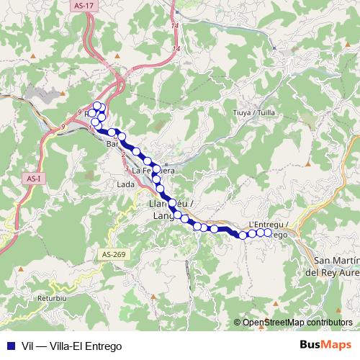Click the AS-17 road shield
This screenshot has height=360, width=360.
[84, 6]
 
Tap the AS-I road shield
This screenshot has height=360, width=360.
[32, 178]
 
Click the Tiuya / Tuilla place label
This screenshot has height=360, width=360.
[255, 113]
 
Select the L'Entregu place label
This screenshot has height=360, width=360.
[268, 225]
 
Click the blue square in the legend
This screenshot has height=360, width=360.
[9, 344]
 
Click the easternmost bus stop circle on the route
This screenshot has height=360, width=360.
[269, 233]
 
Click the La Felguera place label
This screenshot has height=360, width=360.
[153, 171]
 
